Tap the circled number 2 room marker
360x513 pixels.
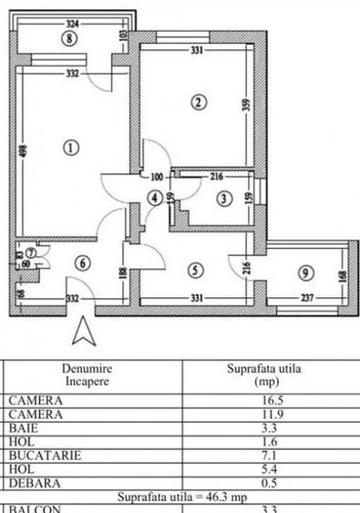(x=198, y=102)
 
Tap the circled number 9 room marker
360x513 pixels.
(x=304, y=272)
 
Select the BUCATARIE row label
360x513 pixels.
(x=42, y=452)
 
